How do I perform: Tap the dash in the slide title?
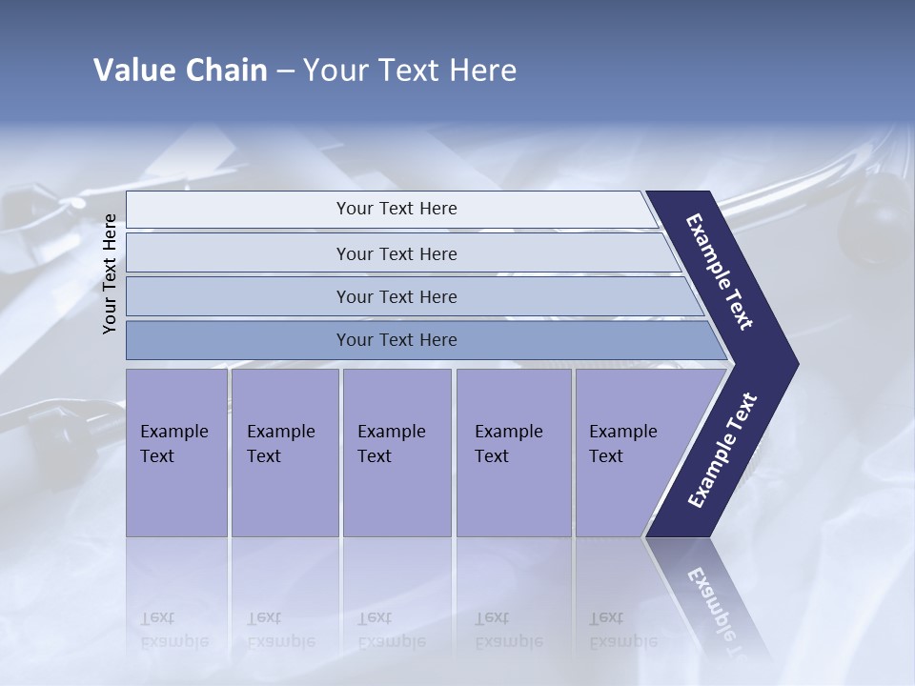click(x=285, y=71)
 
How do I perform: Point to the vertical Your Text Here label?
click(x=111, y=273)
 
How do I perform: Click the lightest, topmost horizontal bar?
click(x=391, y=210)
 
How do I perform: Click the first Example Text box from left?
click(x=176, y=453)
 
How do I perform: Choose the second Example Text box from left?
click(x=284, y=453)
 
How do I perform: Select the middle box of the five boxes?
click(x=396, y=453)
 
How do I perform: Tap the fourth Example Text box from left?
click(x=513, y=453)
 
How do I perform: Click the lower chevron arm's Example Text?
click(x=722, y=451)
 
